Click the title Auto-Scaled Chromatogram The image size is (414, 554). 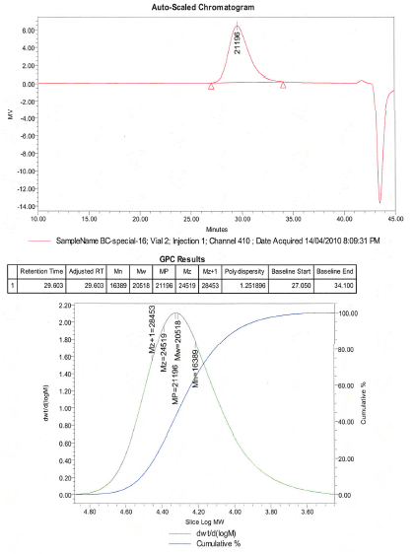[x=218, y=6]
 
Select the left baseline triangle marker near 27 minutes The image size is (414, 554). [x=211, y=87]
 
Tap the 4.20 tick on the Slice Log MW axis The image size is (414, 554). [x=198, y=513]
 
